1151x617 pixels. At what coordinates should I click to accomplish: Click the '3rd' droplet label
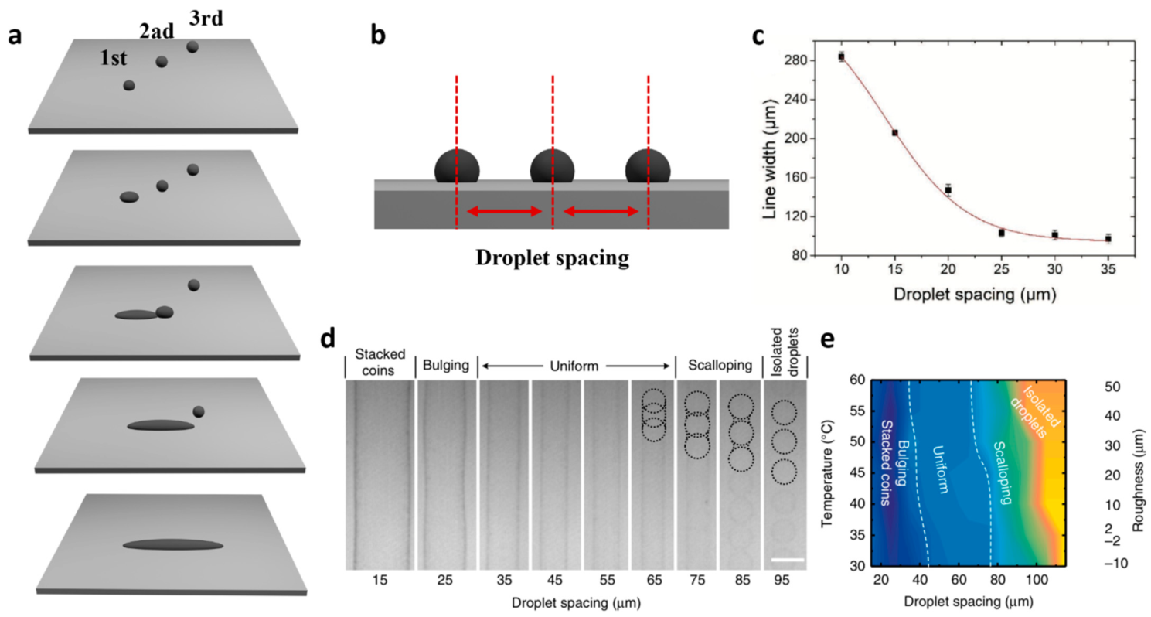click(x=206, y=18)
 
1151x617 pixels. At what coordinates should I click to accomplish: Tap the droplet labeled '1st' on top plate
click(x=129, y=85)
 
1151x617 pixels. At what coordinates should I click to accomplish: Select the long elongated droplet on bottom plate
click(x=172, y=544)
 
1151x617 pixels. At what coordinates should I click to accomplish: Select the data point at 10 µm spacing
click(x=841, y=56)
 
